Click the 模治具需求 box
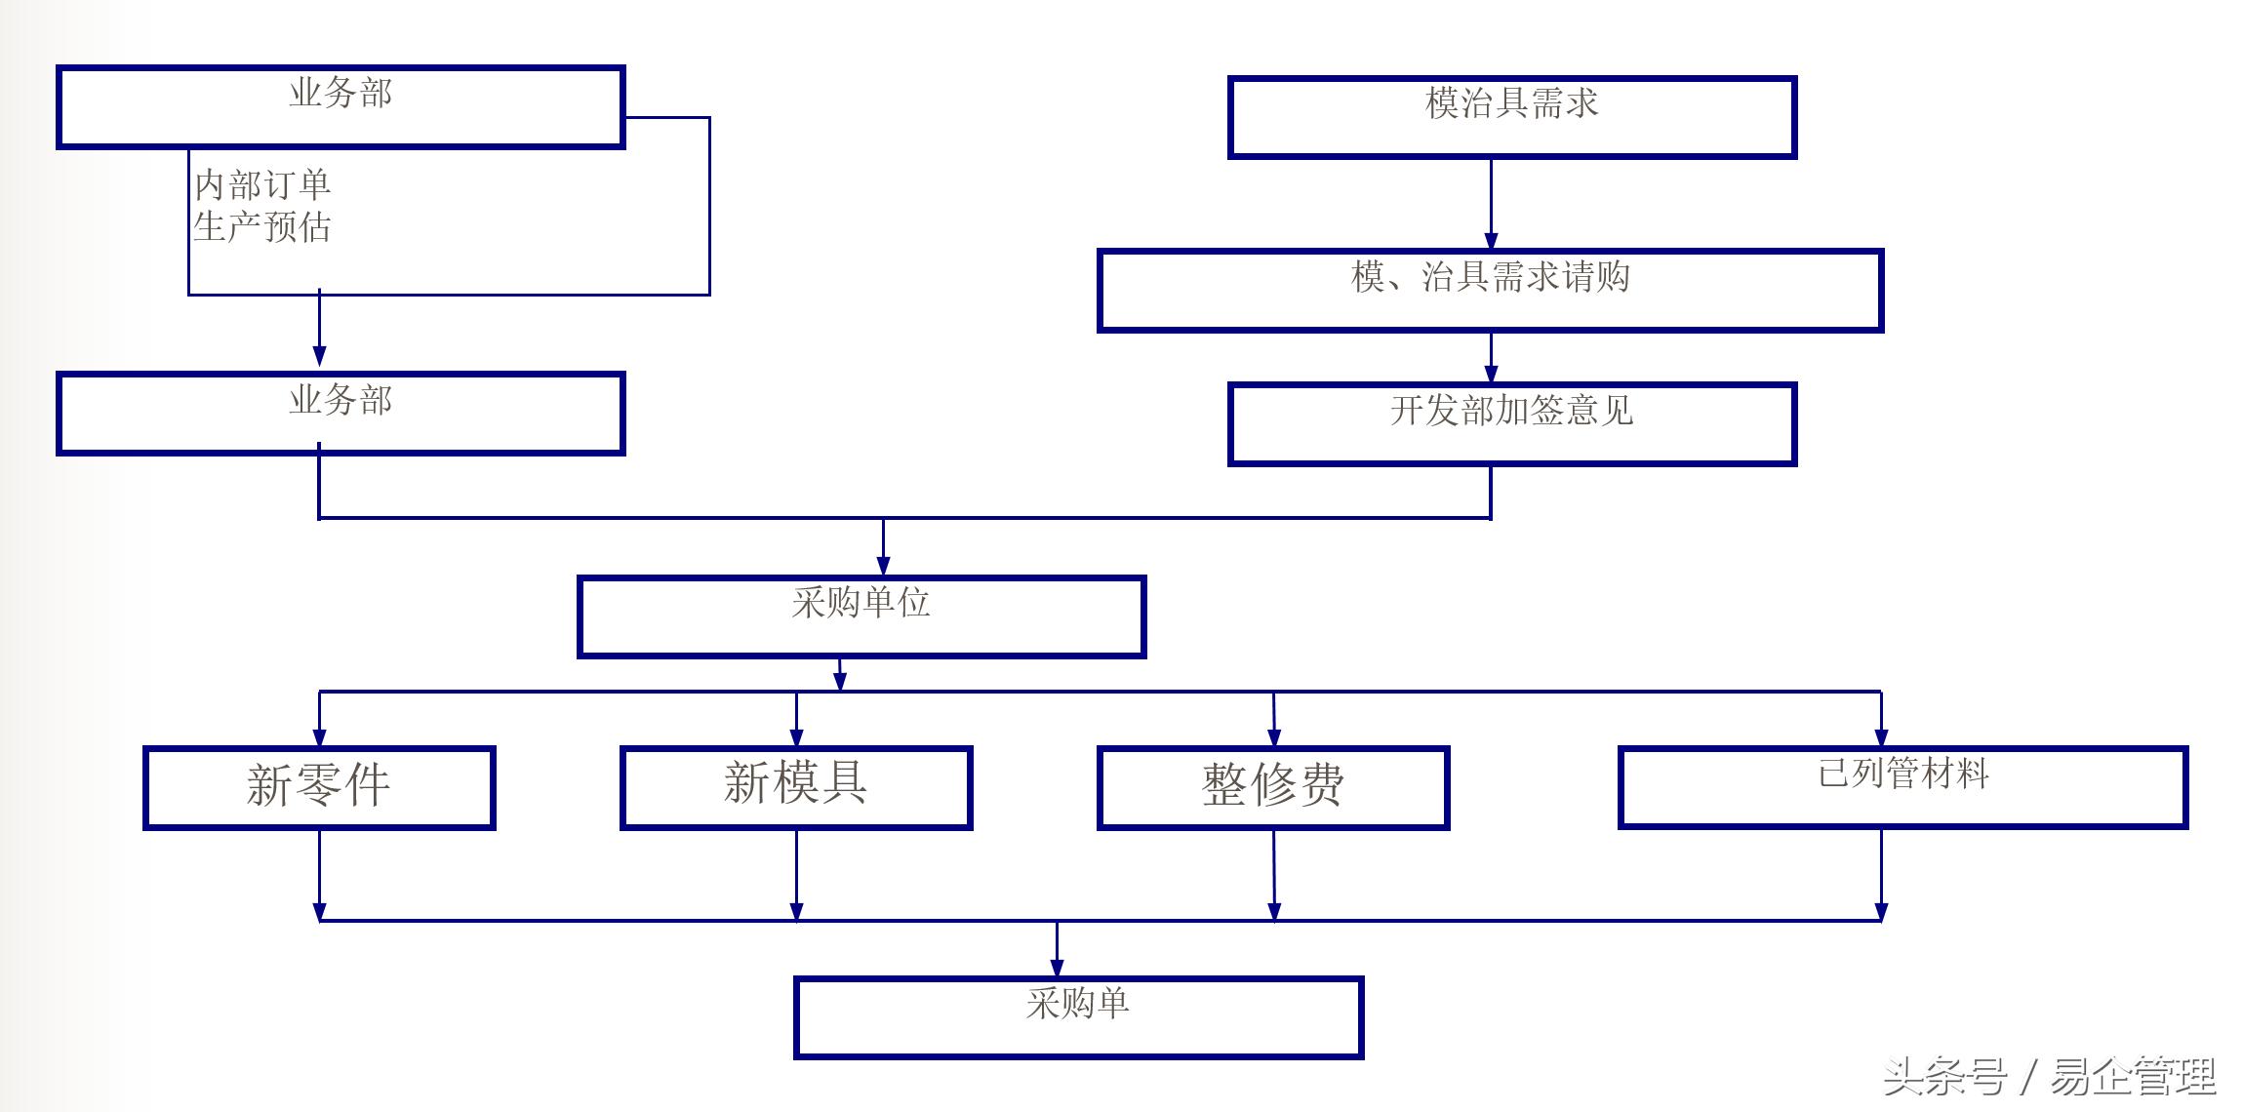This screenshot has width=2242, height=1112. pyautogui.click(x=1511, y=117)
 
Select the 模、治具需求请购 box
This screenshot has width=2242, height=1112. pyautogui.click(x=1490, y=291)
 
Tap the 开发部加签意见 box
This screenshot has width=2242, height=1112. pyautogui.click(x=1511, y=424)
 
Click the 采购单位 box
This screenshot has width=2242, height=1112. pyautogui.click(x=861, y=616)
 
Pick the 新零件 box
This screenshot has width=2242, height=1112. pyautogui.click(x=319, y=787)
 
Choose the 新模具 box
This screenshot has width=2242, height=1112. pyautogui.click(x=796, y=787)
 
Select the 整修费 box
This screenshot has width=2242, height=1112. pyautogui.click(x=1273, y=787)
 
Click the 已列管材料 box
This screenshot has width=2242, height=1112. pyautogui.click(x=1902, y=787)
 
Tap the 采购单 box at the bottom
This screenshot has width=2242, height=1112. pyautogui.click(x=1078, y=1017)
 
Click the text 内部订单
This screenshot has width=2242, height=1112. pyautogui.click(x=262, y=184)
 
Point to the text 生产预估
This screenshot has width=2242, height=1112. pyautogui.click(x=262, y=227)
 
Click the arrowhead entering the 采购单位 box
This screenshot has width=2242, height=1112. pyautogui.click(x=883, y=566)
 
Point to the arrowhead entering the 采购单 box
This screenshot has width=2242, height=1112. pyautogui.click(x=1057, y=968)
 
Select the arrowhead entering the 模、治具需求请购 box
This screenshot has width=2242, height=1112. pyautogui.click(x=1491, y=240)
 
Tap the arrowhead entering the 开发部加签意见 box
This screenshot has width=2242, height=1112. pyautogui.click(x=1491, y=373)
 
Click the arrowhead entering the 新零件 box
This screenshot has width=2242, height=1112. pyautogui.click(x=319, y=737)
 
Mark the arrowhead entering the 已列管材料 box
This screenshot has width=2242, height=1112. pyautogui.click(x=1881, y=737)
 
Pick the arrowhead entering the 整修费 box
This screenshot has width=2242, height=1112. pyautogui.click(x=1274, y=737)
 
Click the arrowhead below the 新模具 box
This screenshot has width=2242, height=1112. pyautogui.click(x=796, y=911)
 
